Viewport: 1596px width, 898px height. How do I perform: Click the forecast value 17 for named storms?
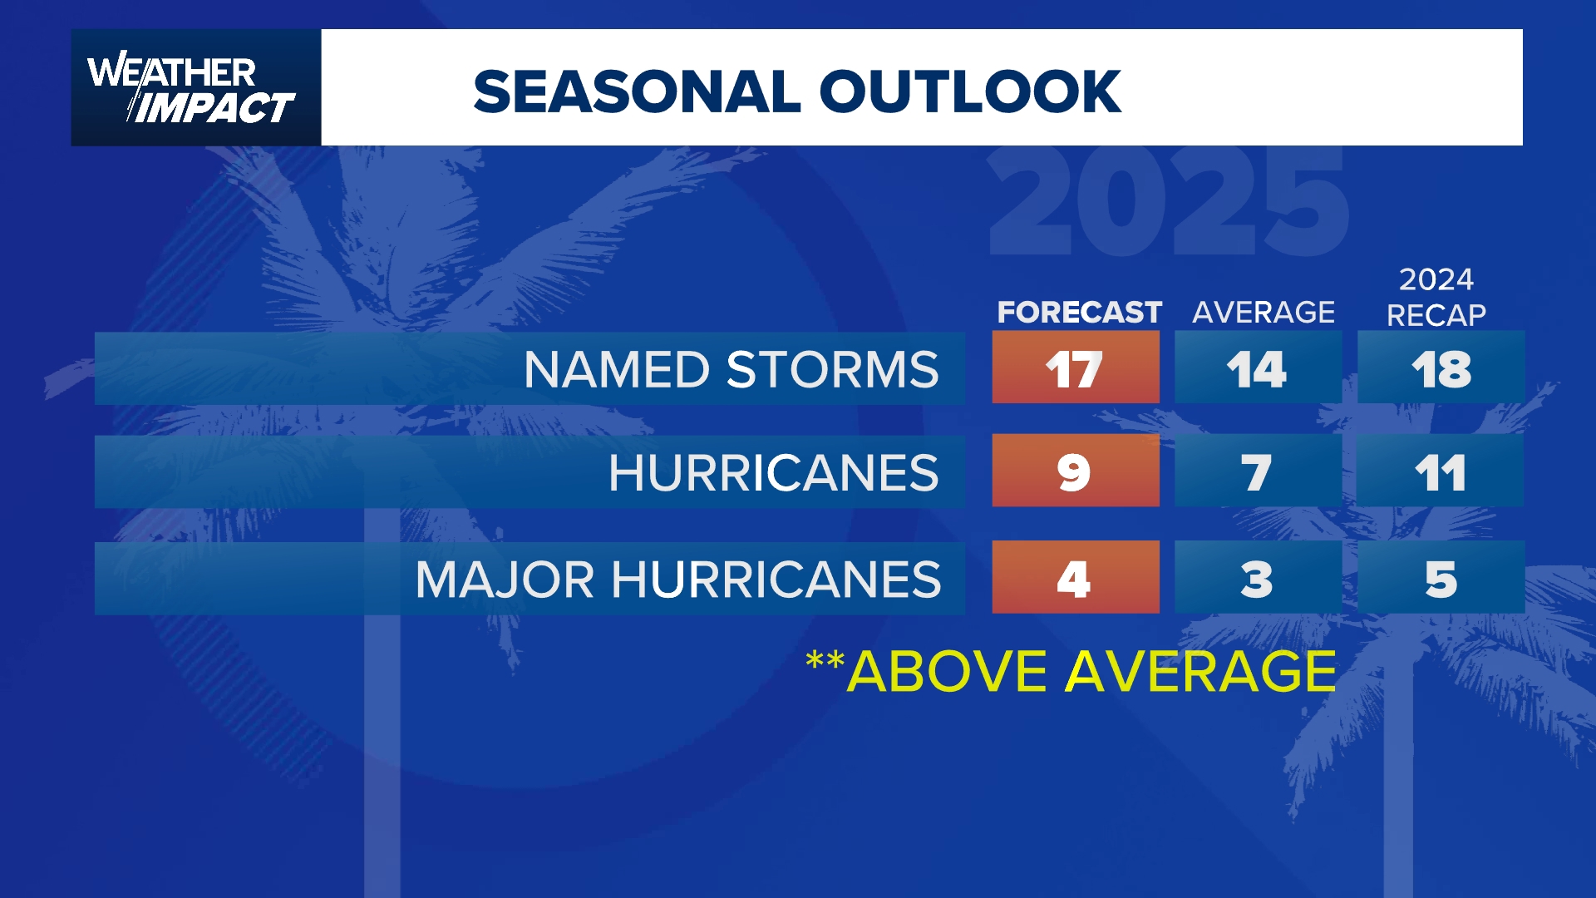[1075, 368]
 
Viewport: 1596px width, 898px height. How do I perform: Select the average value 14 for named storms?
[1257, 368]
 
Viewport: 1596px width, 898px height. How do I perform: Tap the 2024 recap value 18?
[1441, 368]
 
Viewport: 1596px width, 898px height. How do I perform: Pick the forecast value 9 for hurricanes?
[1075, 471]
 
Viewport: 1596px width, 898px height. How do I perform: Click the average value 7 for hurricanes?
[1257, 471]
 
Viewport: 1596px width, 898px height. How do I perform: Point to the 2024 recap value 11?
[1441, 471]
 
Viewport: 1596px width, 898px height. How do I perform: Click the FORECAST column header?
[1079, 312]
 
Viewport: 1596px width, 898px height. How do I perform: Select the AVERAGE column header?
[1263, 312]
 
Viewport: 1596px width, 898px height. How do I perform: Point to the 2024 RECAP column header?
[1436, 297]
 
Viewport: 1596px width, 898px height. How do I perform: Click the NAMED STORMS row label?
[731, 369]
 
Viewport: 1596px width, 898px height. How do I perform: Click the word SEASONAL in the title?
[637, 91]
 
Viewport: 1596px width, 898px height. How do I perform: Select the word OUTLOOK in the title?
[970, 91]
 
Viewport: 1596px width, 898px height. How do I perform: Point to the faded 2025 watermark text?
[1168, 204]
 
